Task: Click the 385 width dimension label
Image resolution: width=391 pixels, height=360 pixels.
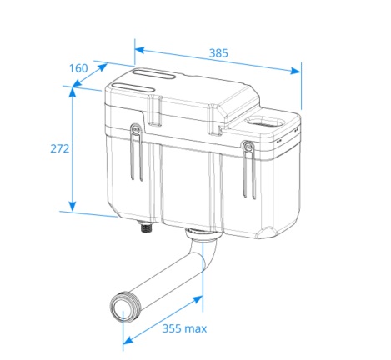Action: point(219,53)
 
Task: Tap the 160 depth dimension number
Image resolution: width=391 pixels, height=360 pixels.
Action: point(78,67)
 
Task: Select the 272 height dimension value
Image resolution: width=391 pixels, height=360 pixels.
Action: point(59,148)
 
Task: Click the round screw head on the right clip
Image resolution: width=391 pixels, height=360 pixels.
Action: point(246,147)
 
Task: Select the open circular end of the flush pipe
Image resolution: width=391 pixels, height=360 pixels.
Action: point(123,305)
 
